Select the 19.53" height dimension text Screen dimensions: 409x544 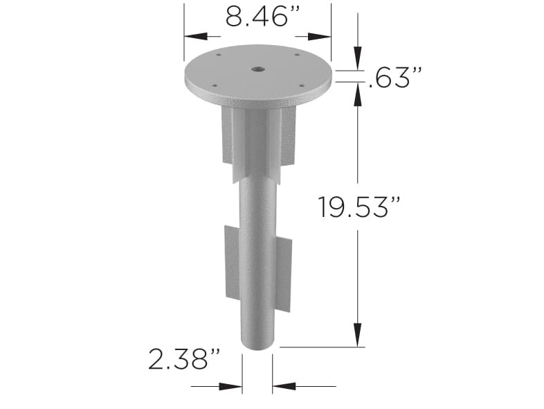pos(359,207)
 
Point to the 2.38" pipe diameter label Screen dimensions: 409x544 pos(183,359)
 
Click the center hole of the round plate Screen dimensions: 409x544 pos(257,69)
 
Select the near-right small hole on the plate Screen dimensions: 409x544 pos(302,85)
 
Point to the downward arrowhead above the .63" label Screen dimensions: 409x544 pos(357,61)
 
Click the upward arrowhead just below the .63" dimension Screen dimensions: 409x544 pos(357,94)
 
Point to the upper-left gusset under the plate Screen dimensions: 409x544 pos(228,135)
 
